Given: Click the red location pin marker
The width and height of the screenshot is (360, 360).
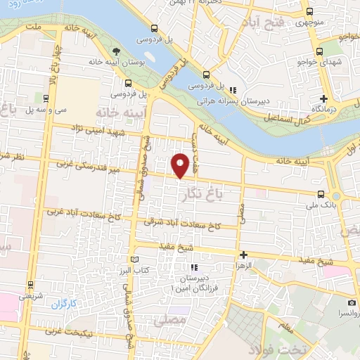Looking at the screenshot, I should coord(181,165).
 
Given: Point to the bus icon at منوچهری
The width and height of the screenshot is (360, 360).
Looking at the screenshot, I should coord(309,12).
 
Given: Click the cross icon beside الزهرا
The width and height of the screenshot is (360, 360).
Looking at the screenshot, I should coord(243,255).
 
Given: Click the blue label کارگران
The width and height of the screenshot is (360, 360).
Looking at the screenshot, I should coord(62,305).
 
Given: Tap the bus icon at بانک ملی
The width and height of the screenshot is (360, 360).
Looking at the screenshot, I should coord(321,194).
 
